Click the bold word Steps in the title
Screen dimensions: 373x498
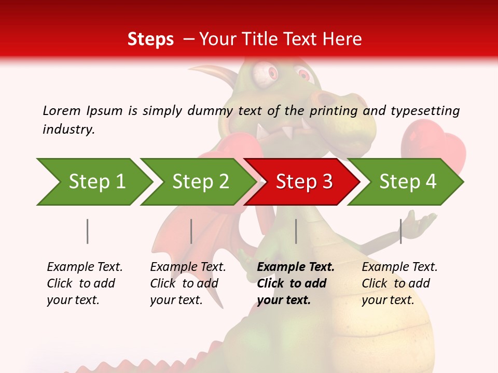point(150,39)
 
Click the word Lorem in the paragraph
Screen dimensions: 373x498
point(61,110)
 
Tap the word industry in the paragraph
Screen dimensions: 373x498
point(68,129)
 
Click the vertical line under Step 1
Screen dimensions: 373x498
point(88,231)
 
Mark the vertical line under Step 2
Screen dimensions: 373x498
point(191,231)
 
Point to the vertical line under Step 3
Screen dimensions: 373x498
point(296,231)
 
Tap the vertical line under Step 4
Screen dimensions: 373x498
point(400,231)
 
